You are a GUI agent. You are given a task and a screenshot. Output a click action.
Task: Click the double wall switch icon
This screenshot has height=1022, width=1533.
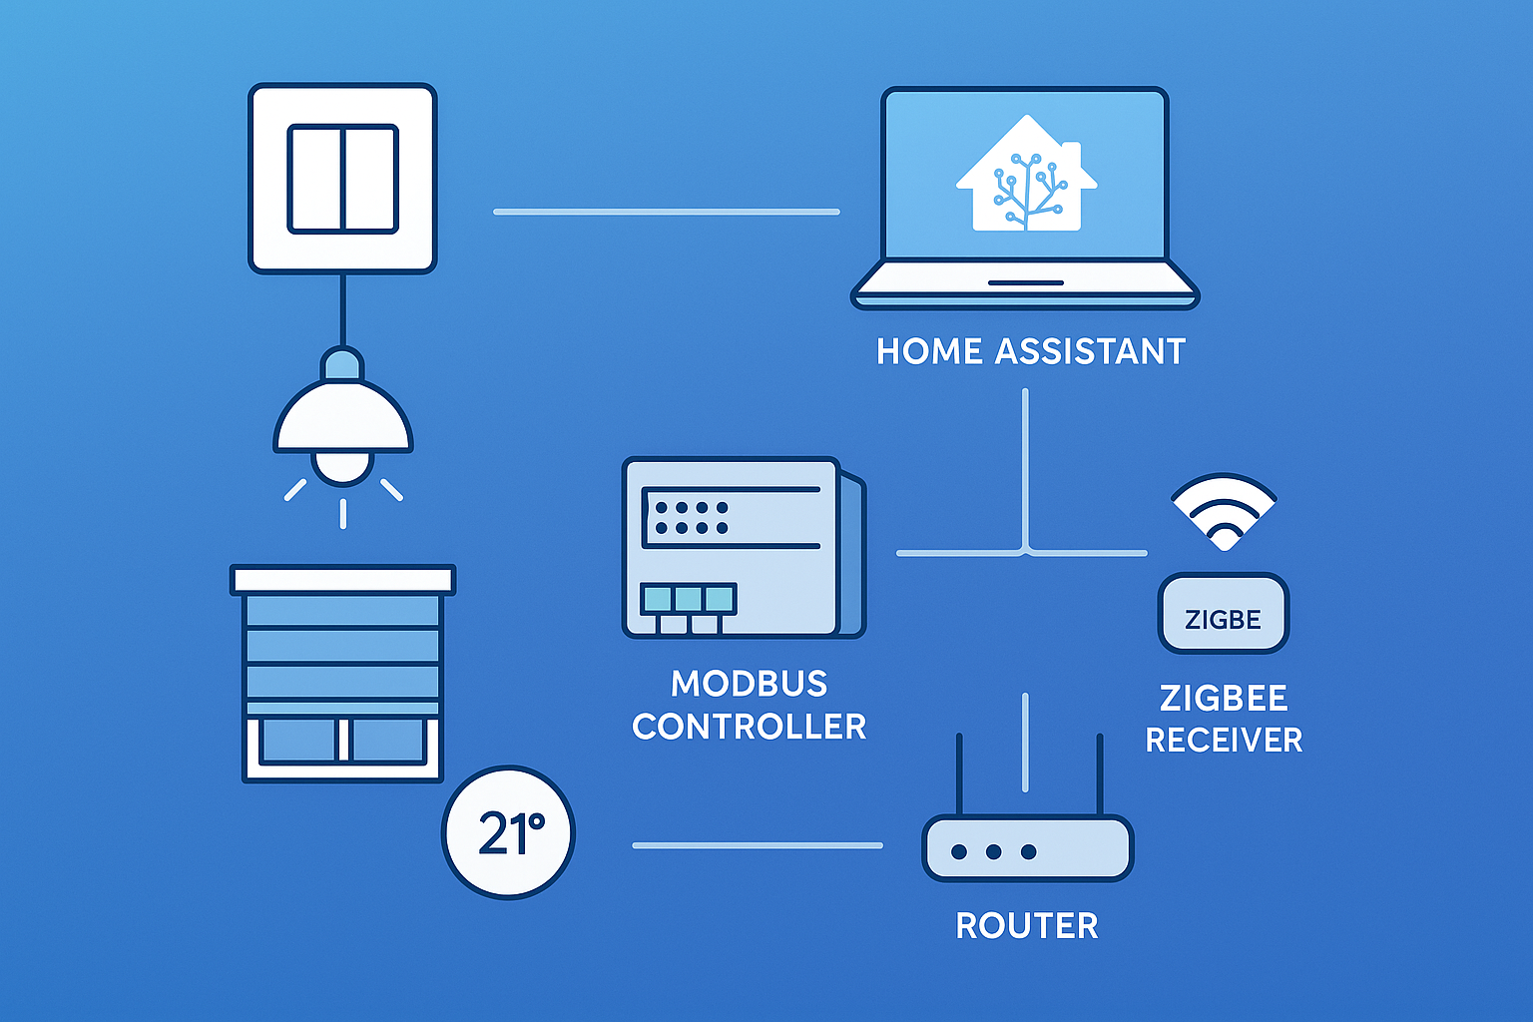tap(342, 179)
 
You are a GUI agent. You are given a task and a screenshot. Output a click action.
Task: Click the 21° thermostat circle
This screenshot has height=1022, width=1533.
tap(508, 832)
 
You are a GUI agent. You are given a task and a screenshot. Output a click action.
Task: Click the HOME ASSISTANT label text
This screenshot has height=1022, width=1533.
tap(1030, 351)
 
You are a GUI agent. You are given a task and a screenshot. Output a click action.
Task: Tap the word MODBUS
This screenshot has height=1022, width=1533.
tap(749, 684)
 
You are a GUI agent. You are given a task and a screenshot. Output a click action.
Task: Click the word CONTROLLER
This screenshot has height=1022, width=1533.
tap(749, 727)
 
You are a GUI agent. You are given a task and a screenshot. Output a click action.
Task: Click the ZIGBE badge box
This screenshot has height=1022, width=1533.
tap(1224, 614)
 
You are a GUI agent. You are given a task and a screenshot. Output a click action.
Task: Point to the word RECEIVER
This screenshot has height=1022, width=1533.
tap(1224, 740)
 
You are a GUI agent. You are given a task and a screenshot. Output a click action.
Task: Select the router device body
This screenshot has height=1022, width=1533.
tap(1027, 848)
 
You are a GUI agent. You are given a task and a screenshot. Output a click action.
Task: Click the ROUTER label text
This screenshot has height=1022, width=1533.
tap(1027, 926)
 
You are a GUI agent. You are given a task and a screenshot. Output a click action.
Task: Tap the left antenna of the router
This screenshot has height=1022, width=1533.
tap(959, 774)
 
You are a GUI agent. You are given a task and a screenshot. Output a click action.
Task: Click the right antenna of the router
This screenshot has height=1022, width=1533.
tap(1100, 774)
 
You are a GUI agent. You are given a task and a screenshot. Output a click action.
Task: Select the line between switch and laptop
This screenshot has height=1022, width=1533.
tap(666, 212)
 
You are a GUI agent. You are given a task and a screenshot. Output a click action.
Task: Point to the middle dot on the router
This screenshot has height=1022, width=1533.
tap(994, 852)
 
